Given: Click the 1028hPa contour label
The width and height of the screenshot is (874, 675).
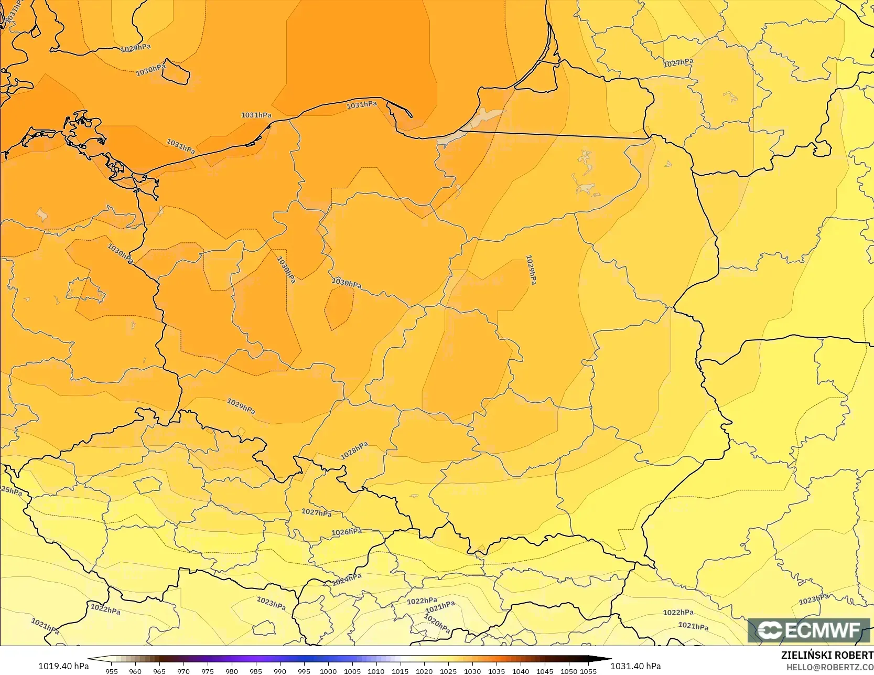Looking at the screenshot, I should (354, 451).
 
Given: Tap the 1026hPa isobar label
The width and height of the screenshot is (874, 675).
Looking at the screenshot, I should (347, 532).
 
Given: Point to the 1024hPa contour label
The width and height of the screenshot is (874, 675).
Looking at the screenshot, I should (347, 580).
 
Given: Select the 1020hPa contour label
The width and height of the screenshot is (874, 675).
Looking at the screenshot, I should (437, 624).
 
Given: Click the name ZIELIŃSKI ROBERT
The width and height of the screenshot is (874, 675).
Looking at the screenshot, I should (827, 655).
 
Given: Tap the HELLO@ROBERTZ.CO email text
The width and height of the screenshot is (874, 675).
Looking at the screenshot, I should (829, 666).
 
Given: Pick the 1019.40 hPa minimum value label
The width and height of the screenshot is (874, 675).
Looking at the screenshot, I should (63, 666).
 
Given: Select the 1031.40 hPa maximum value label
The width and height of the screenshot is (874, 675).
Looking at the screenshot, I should (635, 666).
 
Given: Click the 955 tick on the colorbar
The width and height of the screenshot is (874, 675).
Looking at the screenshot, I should (112, 671).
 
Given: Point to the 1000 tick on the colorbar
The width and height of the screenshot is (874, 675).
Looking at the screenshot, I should (328, 671).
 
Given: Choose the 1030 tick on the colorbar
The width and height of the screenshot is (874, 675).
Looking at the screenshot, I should (472, 671).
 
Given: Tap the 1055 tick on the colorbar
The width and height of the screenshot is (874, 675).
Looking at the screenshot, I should (588, 671).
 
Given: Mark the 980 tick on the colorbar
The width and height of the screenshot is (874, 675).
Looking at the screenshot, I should (232, 671).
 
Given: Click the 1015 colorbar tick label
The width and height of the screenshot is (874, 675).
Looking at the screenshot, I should (400, 671).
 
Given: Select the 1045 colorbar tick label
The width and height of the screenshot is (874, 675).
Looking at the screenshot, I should (545, 671).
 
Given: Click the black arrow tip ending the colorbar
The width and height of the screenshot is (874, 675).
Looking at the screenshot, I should (608, 659).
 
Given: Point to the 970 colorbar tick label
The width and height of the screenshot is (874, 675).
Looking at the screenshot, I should (184, 671).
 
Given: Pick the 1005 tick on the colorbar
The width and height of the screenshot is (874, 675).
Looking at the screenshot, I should (352, 671).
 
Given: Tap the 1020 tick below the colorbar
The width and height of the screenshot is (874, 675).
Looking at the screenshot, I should (424, 671).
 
